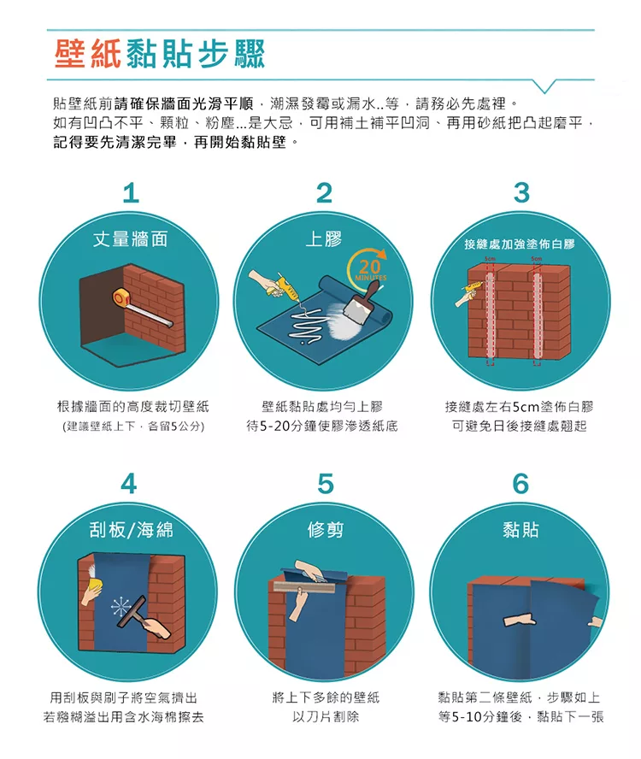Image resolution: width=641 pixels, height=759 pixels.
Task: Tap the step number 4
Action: [x=129, y=483]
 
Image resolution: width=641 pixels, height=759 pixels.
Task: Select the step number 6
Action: [x=520, y=483]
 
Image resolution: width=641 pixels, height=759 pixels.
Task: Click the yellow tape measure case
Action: [x=121, y=297]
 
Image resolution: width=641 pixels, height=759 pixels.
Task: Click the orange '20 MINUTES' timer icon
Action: [x=368, y=266]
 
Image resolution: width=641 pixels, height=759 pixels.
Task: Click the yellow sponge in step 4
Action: [x=94, y=585]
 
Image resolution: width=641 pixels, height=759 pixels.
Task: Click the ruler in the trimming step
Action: [x=304, y=586]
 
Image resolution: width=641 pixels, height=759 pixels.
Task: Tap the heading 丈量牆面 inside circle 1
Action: [x=131, y=238]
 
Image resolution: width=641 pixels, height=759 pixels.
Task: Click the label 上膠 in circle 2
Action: [x=323, y=238]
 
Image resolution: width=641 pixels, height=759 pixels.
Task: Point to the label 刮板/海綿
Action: [x=131, y=530]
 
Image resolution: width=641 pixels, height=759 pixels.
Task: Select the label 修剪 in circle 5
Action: [x=326, y=530]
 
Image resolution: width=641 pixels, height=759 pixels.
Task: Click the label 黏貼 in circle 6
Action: [x=520, y=530]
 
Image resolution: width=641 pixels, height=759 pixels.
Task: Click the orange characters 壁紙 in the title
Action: [x=88, y=53]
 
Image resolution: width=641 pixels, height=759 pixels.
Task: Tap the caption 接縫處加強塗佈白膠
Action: [x=520, y=244]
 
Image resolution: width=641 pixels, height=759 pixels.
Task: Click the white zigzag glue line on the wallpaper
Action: [x=303, y=323]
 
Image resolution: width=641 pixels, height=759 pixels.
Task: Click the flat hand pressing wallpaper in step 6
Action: [x=520, y=620]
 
